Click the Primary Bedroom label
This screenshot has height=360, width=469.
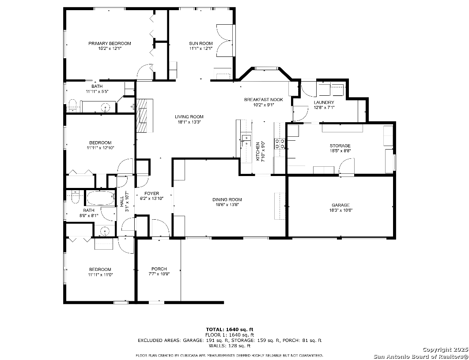coord(110,43)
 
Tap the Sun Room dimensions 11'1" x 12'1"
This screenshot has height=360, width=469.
coord(200,48)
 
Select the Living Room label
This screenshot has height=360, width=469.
coord(189,117)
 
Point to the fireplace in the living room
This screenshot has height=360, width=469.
coord(145,116)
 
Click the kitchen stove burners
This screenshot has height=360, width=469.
coord(280,144)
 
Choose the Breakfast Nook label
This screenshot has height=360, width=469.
coord(264,100)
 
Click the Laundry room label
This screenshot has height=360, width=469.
coord(324,102)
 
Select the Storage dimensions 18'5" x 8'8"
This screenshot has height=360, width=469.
coord(340,151)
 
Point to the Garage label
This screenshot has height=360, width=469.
coord(340,205)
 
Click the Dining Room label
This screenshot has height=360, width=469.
coord(227,199)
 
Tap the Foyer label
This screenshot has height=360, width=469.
coord(151,194)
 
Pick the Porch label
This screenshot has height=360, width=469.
coord(159,269)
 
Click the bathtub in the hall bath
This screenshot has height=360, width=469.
coord(101,198)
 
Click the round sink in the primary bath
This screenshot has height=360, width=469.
coord(106,107)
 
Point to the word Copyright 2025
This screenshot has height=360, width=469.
coord(445,349)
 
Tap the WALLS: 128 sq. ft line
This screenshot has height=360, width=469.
coord(230,345)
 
